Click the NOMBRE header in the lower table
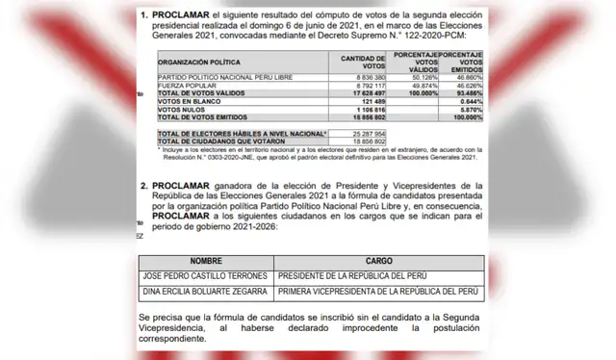coord(205,259)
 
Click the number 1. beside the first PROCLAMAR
coord(145,16)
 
